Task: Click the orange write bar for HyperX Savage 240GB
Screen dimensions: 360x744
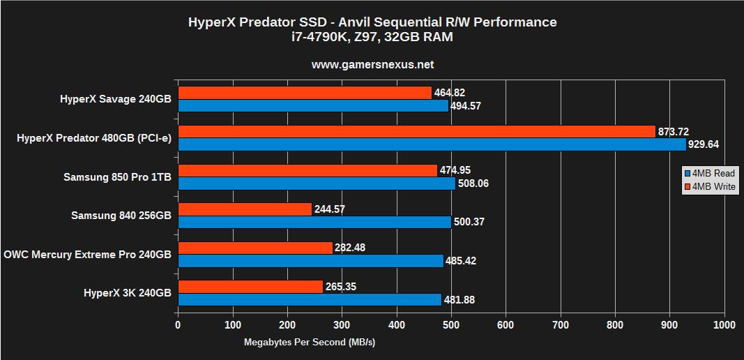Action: coord(305,93)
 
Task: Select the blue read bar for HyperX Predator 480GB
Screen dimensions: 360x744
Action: coord(432,144)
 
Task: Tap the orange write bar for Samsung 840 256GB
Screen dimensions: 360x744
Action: coord(245,209)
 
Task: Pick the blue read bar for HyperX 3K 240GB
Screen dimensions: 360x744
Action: coord(310,299)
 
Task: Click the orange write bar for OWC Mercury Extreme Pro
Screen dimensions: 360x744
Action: coord(255,248)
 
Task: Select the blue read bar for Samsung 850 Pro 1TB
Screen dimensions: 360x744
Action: coord(317,183)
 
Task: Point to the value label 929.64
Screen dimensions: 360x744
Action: coord(704,144)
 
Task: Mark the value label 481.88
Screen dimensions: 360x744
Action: coord(460,300)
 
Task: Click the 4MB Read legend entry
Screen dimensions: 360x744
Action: coord(709,173)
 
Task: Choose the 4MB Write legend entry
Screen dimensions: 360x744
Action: coord(709,186)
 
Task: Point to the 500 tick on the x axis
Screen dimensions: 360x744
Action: coord(451,324)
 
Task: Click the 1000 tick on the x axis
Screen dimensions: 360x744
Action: coord(724,324)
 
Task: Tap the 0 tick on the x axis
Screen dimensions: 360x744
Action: coord(179,324)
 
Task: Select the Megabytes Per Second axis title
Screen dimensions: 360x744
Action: coord(310,342)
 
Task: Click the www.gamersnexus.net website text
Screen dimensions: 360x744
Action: coord(372,64)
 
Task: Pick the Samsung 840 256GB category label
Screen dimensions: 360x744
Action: coord(121,216)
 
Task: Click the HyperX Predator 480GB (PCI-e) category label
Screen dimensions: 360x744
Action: coord(93,138)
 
